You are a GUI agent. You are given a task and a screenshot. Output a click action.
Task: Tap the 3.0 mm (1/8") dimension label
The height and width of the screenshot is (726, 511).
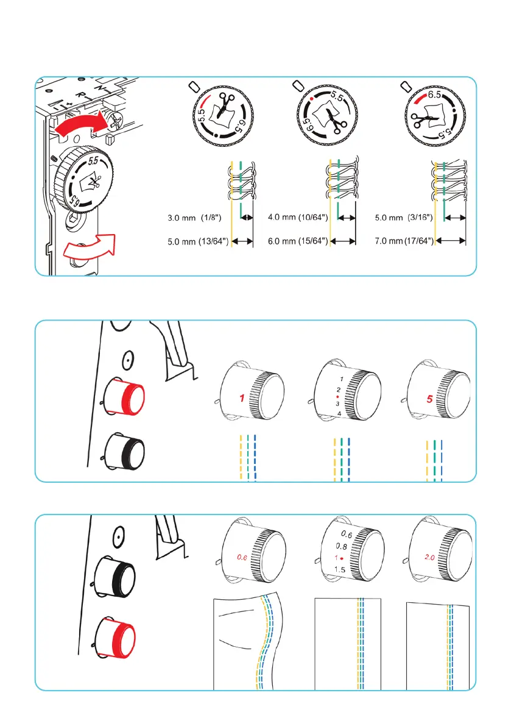pos(197,217)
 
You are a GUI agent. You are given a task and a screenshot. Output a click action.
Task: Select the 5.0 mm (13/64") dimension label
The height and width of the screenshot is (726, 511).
pos(197,241)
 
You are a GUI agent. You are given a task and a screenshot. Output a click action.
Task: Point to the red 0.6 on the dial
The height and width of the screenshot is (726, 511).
pos(242,557)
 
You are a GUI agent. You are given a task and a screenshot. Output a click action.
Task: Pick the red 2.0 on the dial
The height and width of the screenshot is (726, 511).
pos(429,557)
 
